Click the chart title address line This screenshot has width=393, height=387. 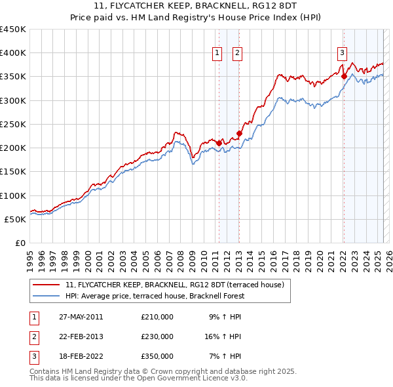click(x=196, y=6)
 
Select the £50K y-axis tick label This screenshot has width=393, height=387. click(x=16, y=219)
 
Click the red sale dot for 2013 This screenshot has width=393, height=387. click(x=239, y=134)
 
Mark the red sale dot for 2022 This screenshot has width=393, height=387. click(x=344, y=76)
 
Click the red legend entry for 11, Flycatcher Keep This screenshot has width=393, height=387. click(x=174, y=285)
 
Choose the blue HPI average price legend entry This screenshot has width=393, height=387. click(x=154, y=296)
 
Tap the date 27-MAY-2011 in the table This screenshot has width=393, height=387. click(x=81, y=317)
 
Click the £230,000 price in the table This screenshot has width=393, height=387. click(x=157, y=336)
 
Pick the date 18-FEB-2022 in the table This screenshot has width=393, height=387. click(x=81, y=356)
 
